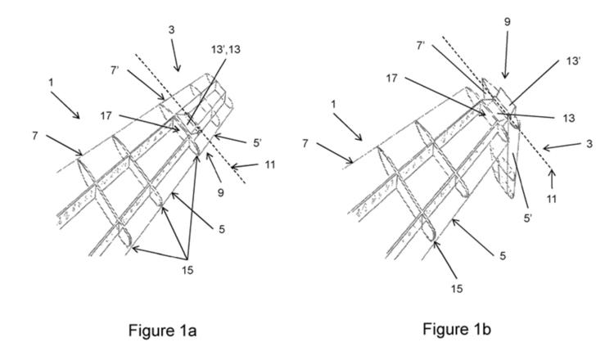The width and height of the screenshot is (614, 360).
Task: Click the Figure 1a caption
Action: pos(162,331)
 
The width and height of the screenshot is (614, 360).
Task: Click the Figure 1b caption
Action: pos(457,329)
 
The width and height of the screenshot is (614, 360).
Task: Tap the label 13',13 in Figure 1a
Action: pos(226,50)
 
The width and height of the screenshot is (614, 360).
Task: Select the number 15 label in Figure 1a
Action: pos(187,270)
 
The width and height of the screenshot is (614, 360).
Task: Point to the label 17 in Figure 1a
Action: pos(106,116)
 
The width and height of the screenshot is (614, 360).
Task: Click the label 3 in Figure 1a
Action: pos(172,30)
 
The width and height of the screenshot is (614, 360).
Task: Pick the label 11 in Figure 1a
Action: pos(270,164)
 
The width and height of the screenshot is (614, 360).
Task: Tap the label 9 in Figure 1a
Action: pos(221,192)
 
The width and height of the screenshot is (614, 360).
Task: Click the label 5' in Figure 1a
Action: pos(257,143)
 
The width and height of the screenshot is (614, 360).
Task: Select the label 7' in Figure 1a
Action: pos(115,71)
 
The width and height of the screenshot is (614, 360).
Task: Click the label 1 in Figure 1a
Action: pos(51,83)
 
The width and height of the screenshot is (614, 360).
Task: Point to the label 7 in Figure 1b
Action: pos(305,144)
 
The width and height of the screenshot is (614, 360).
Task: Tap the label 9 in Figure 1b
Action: pos(507,22)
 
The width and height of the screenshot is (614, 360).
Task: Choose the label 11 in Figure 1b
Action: pos(551,199)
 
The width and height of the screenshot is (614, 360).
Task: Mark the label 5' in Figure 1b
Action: pos(528,218)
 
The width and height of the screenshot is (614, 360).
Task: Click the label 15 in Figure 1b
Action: pos(457,289)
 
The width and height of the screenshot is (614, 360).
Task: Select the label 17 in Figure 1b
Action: pos(391,79)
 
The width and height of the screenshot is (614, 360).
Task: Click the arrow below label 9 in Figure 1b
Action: pos(506,55)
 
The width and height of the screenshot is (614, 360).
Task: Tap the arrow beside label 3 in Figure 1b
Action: pos(562,146)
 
